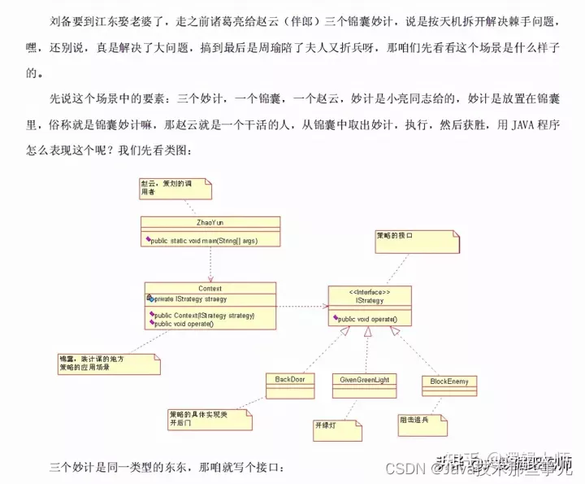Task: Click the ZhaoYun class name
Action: (x=210, y=221)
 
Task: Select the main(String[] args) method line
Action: (x=214, y=242)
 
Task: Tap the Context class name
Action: (x=210, y=288)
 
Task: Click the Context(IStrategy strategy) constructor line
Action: (x=204, y=315)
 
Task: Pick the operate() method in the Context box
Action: (x=184, y=324)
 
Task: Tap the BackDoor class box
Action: (x=289, y=380)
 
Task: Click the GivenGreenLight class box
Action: (x=366, y=380)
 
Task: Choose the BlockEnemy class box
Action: (x=449, y=382)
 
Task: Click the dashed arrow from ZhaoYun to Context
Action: (x=210, y=264)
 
